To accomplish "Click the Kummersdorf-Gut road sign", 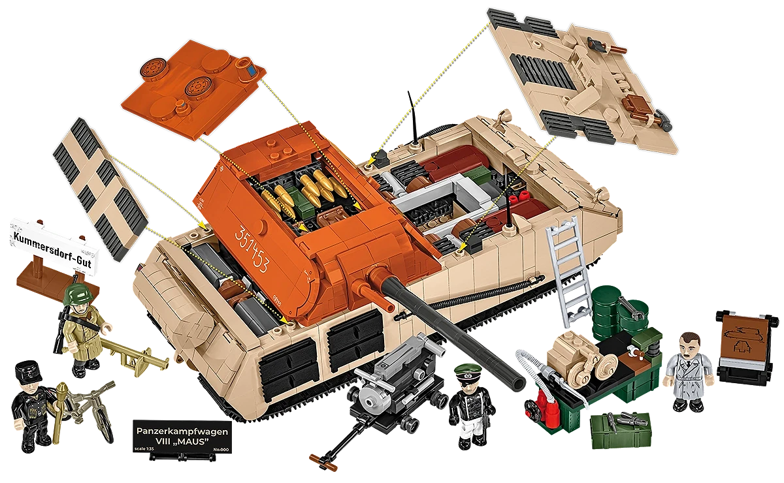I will click(50, 245).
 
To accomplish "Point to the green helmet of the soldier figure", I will click(79, 296).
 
